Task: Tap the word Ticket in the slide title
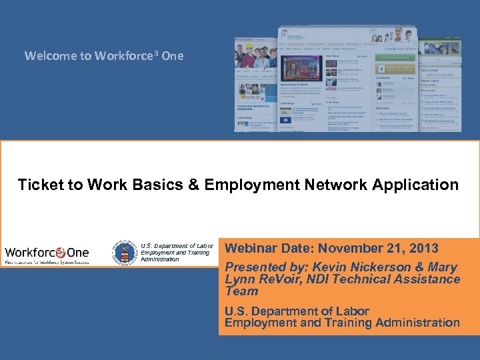(40, 185)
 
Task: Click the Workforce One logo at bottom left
(47, 254)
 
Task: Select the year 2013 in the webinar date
(421, 249)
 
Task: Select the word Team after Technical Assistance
(241, 291)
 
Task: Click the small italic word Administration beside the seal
(160, 259)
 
